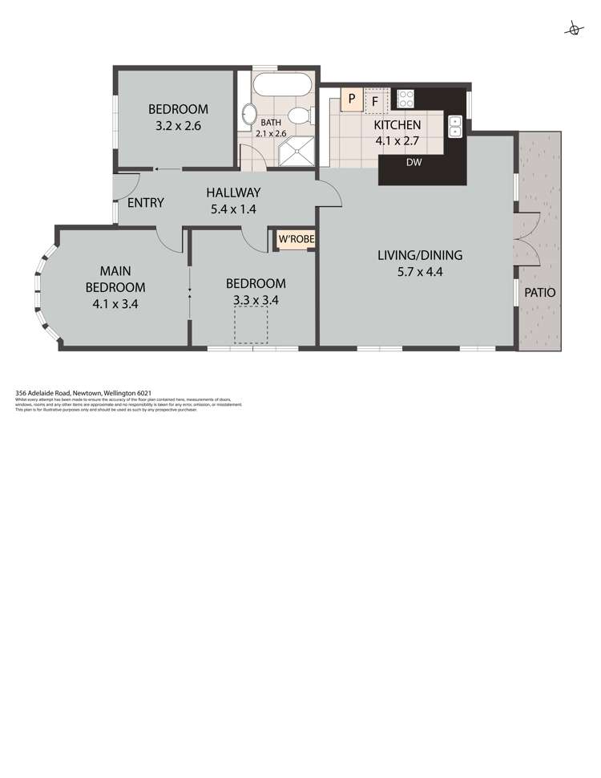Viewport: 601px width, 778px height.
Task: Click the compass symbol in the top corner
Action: tap(574, 30)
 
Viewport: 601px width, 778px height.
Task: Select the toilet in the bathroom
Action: tap(299, 115)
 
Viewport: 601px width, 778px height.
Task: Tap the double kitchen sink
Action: tap(455, 126)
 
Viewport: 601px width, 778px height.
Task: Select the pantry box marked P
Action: tap(350, 101)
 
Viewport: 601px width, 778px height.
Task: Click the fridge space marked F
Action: tap(375, 102)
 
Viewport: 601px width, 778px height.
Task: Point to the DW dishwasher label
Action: tap(414, 163)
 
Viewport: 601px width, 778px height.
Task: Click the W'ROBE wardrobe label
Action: tap(296, 239)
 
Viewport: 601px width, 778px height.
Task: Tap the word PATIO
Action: tap(539, 293)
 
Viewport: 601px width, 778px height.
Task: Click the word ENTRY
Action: tap(145, 203)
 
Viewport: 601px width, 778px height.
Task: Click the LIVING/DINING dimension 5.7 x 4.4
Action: tap(420, 273)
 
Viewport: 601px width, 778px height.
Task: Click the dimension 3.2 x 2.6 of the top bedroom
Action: tap(178, 126)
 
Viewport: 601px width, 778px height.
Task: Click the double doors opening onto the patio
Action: tap(525, 240)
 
